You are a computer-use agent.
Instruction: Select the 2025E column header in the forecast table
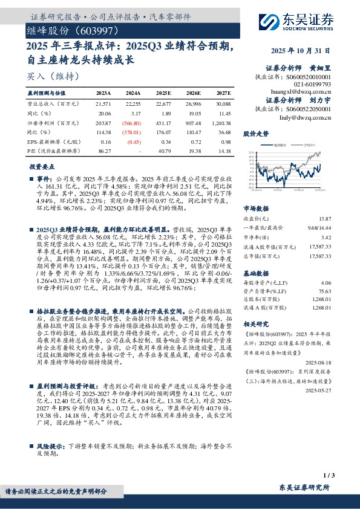tap(163, 94)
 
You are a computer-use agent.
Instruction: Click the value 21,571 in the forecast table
tap(103, 105)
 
